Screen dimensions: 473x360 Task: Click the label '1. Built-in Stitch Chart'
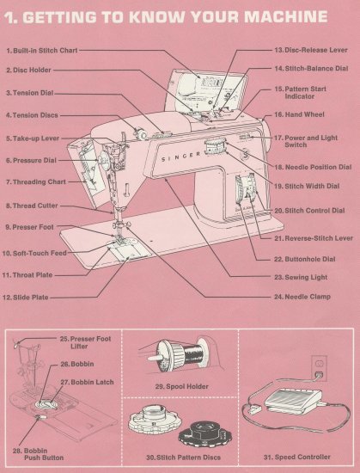(40, 51)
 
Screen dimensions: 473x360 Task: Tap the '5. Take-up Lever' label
(33, 138)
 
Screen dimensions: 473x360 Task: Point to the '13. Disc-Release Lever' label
(310, 51)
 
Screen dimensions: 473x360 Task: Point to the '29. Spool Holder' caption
(177, 387)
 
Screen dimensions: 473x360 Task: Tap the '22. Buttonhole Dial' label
(304, 259)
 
